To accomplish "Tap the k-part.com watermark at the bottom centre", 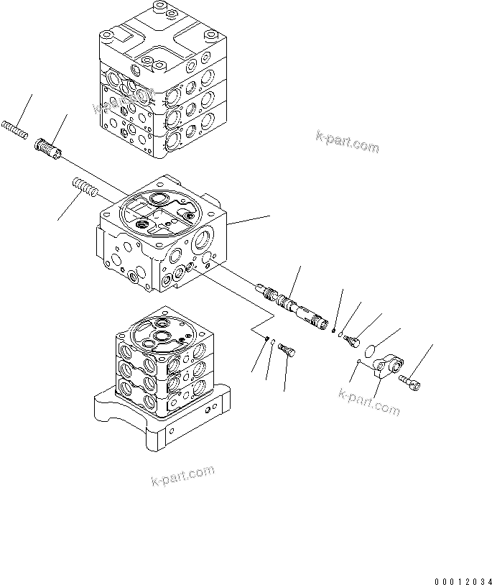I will (183, 476).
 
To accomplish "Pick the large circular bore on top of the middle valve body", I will (147, 226).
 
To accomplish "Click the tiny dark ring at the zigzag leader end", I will (266, 339).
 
